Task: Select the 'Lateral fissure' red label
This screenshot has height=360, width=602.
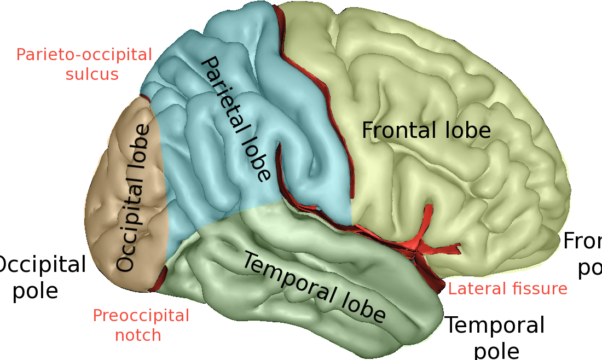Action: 507,288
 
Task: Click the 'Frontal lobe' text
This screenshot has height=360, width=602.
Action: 426,130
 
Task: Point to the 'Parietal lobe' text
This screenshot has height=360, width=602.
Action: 235,119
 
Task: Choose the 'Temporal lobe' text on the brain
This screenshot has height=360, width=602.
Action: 314,287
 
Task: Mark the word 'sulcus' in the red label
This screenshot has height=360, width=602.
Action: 92,74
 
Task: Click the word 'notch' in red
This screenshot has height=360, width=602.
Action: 138,334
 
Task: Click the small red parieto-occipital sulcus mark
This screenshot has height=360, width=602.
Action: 145,97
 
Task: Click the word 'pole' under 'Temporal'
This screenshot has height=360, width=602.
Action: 496,350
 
